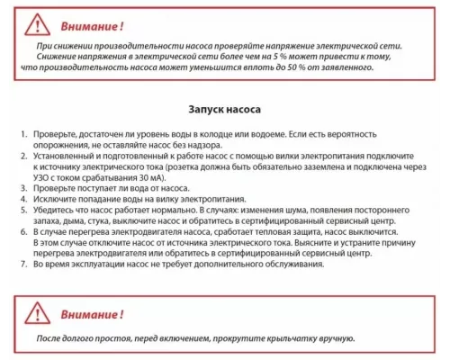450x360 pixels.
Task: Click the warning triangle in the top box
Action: click(34, 22)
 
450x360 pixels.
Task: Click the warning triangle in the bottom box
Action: click(34, 311)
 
